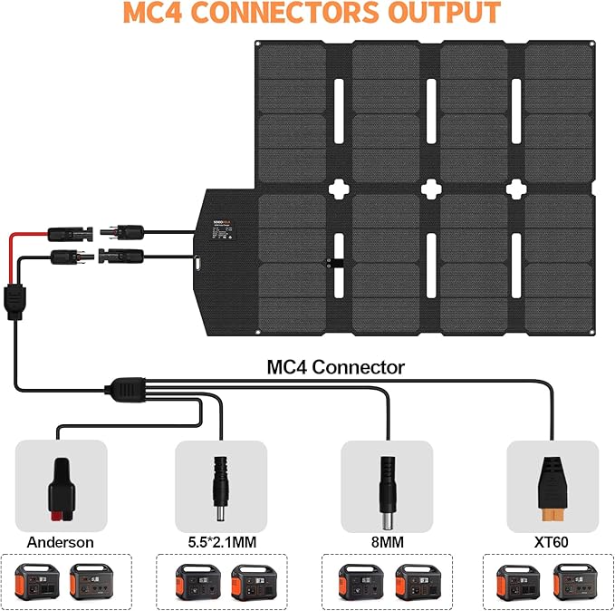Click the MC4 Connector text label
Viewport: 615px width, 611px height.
(335, 367)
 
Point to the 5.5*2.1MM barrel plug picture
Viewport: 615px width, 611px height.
(220, 485)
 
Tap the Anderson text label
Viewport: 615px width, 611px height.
(60, 542)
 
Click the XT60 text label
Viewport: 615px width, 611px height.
(552, 542)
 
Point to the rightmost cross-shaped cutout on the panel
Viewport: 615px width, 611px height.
(517, 188)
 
